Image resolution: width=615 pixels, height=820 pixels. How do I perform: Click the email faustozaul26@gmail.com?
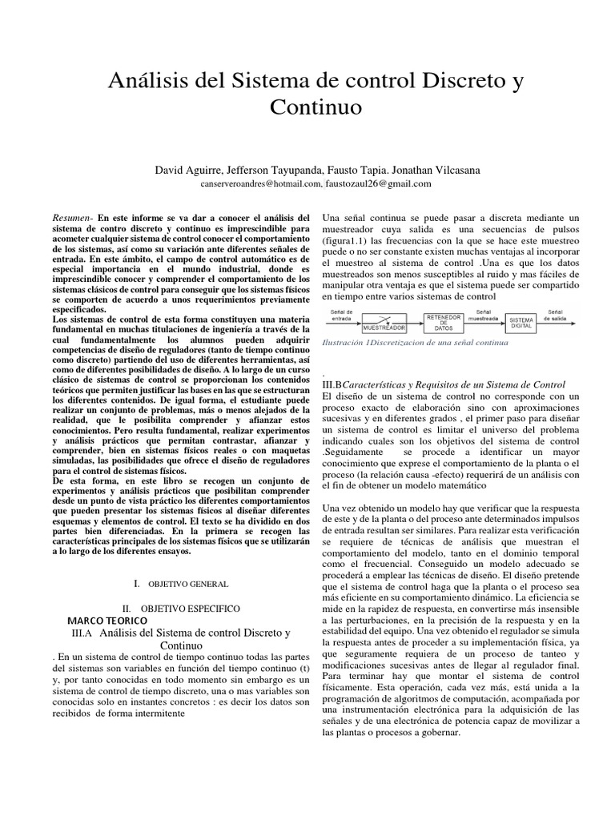click(x=380, y=183)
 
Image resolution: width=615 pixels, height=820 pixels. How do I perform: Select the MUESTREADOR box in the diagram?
click(x=384, y=328)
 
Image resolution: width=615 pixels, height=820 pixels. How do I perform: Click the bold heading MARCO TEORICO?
click(x=107, y=621)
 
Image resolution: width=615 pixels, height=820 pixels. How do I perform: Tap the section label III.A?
click(x=85, y=633)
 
